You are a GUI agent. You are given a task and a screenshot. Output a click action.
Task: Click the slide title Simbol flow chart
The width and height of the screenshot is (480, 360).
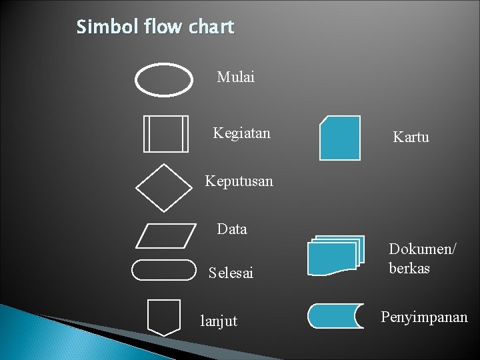click(x=155, y=27)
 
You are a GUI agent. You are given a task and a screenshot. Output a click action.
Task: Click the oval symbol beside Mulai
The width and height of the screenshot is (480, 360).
click(x=164, y=81)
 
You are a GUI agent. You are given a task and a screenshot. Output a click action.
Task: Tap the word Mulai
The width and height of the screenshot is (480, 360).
click(x=235, y=77)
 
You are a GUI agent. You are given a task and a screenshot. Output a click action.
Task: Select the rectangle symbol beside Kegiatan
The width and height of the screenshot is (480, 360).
click(x=166, y=133)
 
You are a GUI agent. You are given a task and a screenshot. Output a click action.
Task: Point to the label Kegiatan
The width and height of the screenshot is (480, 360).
click(x=241, y=133)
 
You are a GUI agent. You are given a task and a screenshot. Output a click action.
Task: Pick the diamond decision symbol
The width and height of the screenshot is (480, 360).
click(x=164, y=187)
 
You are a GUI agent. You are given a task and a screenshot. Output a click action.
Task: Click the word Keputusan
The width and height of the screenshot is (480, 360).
click(x=239, y=181)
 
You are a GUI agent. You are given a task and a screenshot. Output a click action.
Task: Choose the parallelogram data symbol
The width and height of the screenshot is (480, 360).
click(x=165, y=235)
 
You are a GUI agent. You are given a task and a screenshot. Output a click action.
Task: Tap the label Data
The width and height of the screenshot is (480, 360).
click(x=232, y=229)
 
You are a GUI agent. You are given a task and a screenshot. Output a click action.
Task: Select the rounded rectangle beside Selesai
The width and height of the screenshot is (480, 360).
click(x=164, y=270)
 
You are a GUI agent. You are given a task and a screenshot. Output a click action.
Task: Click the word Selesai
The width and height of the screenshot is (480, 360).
click(x=231, y=273)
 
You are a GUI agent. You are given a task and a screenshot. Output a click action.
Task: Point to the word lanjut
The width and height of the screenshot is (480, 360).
click(x=219, y=321)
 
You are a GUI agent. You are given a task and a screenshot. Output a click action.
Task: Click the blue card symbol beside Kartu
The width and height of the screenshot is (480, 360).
click(x=339, y=138)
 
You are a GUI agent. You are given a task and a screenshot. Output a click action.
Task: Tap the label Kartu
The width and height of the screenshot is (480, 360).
click(x=411, y=138)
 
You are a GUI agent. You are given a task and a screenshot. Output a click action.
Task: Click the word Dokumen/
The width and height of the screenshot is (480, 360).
click(x=423, y=249)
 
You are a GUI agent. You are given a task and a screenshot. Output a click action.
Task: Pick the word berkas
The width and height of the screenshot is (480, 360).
click(x=409, y=269)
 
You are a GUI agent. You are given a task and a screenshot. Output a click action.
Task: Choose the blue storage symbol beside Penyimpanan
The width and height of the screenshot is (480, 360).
click(x=335, y=315)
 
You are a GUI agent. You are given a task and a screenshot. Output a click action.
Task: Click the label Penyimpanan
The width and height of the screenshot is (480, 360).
click(x=424, y=317)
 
